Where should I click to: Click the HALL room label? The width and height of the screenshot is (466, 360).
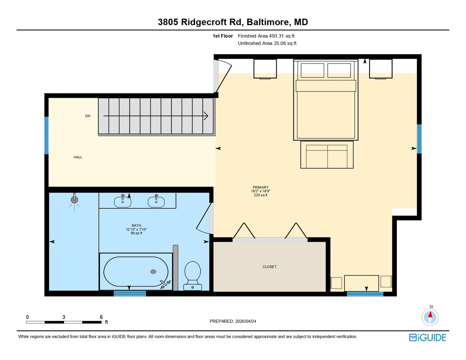[x=78, y=157]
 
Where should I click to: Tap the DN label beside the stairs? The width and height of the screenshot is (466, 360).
[x=88, y=116]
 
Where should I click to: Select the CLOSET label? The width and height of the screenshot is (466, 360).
[x=269, y=267]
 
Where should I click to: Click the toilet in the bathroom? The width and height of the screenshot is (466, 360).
[x=193, y=276]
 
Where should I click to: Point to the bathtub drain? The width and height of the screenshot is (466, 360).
[x=153, y=272]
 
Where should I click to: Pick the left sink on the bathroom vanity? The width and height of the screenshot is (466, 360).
[x=122, y=202]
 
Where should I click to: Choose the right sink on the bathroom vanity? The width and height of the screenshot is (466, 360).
[x=156, y=202]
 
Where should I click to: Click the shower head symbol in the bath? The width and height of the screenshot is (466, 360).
[x=74, y=200]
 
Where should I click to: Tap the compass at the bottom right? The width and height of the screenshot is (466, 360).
[x=430, y=317]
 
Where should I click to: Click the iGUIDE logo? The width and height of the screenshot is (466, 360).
[x=428, y=337]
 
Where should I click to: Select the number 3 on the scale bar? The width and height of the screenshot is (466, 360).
[x=64, y=317]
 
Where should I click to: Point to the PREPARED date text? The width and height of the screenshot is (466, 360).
[x=233, y=321]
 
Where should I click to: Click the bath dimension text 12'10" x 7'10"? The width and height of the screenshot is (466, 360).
[x=137, y=229]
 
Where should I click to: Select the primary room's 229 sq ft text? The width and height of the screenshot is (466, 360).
[x=261, y=195]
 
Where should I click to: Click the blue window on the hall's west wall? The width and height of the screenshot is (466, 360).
[x=46, y=135]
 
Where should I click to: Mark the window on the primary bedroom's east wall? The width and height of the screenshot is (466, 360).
[x=419, y=139]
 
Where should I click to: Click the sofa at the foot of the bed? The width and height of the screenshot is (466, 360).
[x=327, y=155]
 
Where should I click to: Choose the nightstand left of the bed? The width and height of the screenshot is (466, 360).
[x=265, y=69]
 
